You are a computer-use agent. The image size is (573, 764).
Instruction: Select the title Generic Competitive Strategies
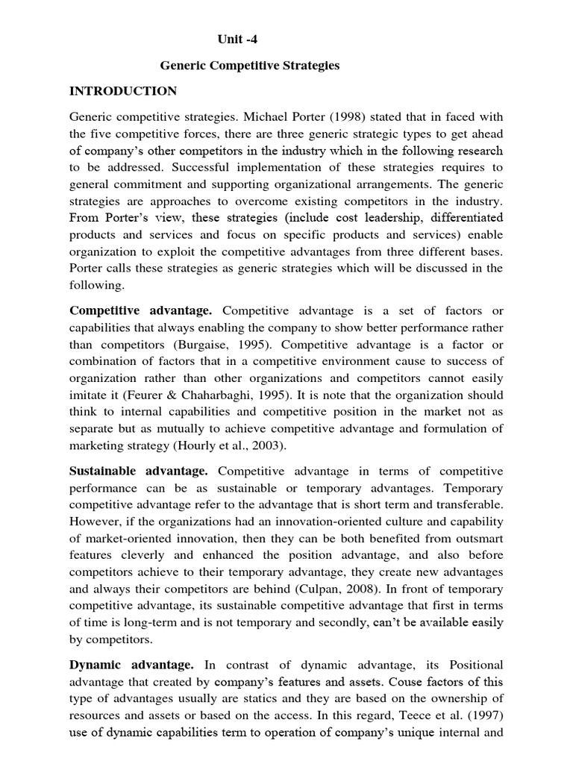250,66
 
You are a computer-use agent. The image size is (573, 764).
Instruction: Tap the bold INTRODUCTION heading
123,91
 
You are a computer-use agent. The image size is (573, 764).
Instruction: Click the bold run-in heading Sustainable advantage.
138,472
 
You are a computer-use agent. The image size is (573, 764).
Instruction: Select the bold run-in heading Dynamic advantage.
131,664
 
